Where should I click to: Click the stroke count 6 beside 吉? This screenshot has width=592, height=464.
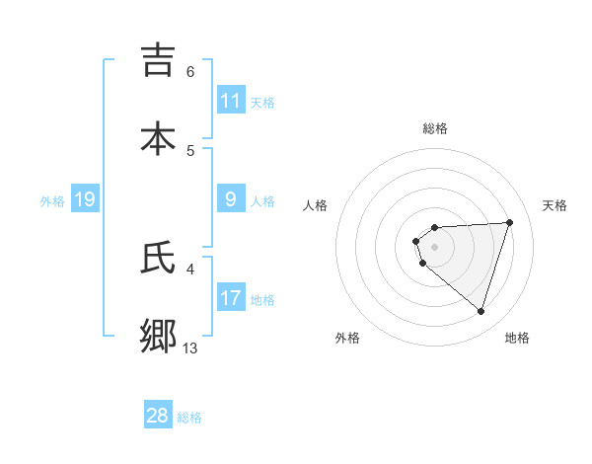point(190,71)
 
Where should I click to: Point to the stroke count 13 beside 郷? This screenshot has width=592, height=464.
point(190,348)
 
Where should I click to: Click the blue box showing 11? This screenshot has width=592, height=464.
point(231,101)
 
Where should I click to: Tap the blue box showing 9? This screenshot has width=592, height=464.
point(231,199)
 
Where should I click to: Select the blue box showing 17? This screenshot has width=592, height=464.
point(231,298)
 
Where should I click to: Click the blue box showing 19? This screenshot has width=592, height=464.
point(84,199)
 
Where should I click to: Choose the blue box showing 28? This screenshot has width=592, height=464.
point(158,416)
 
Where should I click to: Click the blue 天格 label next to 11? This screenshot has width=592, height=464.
point(262,102)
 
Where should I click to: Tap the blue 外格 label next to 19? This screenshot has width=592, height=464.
point(52,200)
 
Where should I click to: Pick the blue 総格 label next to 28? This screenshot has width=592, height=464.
point(189,417)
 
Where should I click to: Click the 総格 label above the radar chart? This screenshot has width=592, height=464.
point(435,128)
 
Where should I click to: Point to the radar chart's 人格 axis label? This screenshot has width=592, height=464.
point(315,205)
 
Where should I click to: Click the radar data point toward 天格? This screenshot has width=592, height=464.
point(510,222)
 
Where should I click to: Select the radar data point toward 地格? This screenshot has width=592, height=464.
point(481,312)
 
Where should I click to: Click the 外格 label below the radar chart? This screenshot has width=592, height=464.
point(347,338)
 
